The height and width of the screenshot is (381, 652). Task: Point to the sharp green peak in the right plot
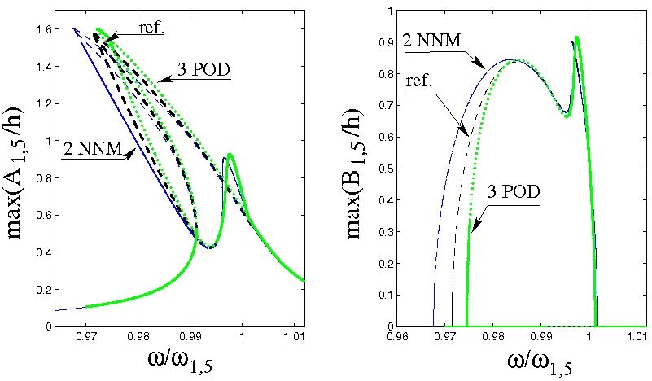576,37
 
